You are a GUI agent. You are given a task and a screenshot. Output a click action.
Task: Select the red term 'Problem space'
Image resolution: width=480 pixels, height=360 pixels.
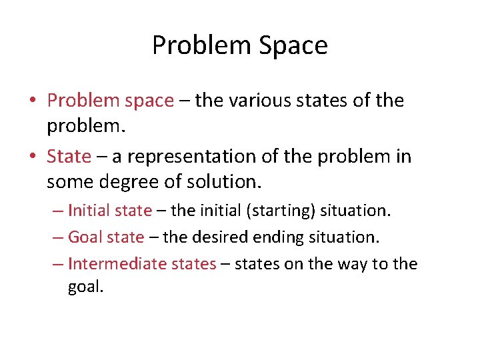[110, 101]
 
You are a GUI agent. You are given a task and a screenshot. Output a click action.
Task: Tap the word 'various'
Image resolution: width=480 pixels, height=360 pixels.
[257, 101]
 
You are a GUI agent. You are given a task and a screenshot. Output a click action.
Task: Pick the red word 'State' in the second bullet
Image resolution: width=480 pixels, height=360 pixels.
[69, 157]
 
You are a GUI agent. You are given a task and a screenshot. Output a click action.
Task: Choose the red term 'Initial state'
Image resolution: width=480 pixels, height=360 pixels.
[110, 211]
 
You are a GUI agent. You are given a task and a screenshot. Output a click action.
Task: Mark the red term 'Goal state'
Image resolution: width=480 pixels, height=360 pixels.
[106, 237]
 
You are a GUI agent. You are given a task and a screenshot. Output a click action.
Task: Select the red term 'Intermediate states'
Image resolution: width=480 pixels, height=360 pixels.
[142, 264]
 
